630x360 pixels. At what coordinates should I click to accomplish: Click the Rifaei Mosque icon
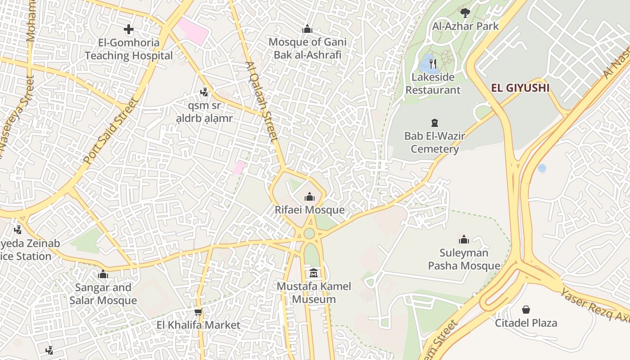pyautogui.click(x=309, y=197)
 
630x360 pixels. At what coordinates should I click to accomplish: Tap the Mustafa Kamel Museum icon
pyautogui.click(x=314, y=273)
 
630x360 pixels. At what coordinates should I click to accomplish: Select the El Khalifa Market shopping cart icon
pyautogui.click(x=198, y=311)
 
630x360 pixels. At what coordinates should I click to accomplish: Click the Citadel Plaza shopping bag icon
pyautogui.click(x=526, y=310)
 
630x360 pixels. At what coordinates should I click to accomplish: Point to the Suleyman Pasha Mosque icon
pyautogui.click(x=463, y=239)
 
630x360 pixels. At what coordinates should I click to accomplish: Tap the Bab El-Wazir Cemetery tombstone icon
pyautogui.click(x=434, y=122)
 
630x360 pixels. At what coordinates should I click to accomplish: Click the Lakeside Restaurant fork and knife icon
pyautogui.click(x=432, y=63)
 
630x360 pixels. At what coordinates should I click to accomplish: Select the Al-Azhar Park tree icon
pyautogui.click(x=465, y=13)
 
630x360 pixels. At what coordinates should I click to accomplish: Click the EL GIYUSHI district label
pyautogui.click(x=520, y=88)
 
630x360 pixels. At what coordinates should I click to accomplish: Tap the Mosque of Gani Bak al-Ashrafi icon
pyautogui.click(x=307, y=29)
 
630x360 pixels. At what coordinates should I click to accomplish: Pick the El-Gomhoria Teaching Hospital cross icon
pyautogui.click(x=129, y=30)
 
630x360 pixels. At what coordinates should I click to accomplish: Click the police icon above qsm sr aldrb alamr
pyautogui.click(x=204, y=92)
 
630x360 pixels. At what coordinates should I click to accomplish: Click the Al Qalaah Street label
pyautogui.click(x=261, y=101)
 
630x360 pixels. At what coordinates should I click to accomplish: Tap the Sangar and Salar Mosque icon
pyautogui.click(x=103, y=274)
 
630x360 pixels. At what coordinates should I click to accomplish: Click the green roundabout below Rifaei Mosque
pyautogui.click(x=309, y=234)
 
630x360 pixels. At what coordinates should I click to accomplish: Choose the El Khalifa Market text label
pyautogui.click(x=198, y=325)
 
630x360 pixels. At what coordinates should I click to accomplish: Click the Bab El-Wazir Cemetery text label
pyautogui.click(x=434, y=142)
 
